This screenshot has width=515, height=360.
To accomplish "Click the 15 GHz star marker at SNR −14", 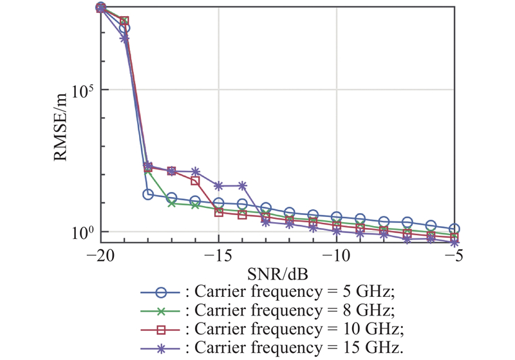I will tap(242, 185).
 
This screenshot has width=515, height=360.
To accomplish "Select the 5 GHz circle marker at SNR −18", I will tap(147, 194).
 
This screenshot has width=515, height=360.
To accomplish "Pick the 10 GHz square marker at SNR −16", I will tap(195, 181).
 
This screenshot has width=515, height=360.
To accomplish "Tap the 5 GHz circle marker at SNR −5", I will tap(454, 229).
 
